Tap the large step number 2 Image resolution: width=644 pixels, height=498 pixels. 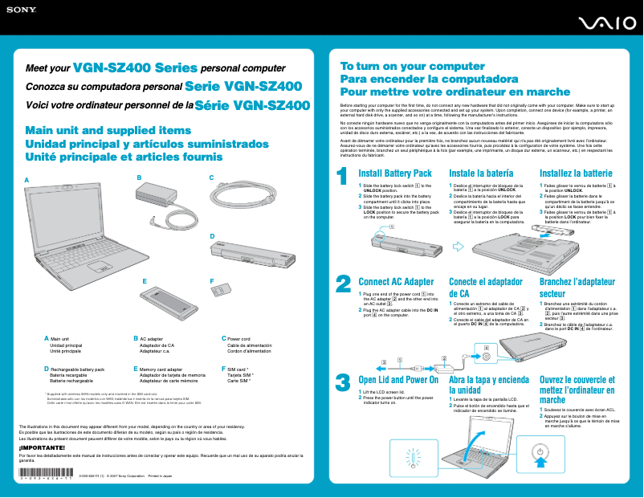pyautogui.click(x=343, y=284)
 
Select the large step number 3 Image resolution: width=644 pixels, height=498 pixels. pyautogui.click(x=343, y=382)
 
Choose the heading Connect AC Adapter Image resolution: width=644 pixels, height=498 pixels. pyautogui.click(x=396, y=282)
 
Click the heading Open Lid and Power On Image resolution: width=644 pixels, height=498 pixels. pyautogui.click(x=398, y=379)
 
